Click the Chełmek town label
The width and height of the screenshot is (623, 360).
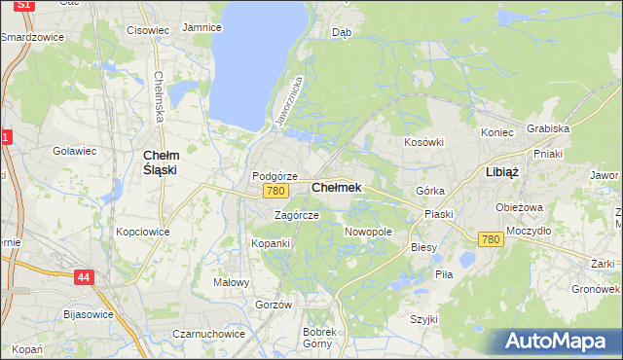(337, 187)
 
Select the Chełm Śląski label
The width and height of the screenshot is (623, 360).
(160, 162)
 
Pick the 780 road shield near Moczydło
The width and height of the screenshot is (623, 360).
(490, 239)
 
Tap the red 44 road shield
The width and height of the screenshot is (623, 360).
(85, 278)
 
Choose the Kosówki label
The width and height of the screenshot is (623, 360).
(423, 142)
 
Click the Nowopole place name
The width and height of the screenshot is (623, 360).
(368, 232)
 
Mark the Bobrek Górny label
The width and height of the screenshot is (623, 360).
(318, 338)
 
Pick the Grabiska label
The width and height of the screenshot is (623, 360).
(547, 128)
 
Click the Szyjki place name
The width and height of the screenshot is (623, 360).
(423, 319)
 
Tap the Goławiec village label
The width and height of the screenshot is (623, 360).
(74, 151)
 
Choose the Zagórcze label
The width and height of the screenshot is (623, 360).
(296, 215)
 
